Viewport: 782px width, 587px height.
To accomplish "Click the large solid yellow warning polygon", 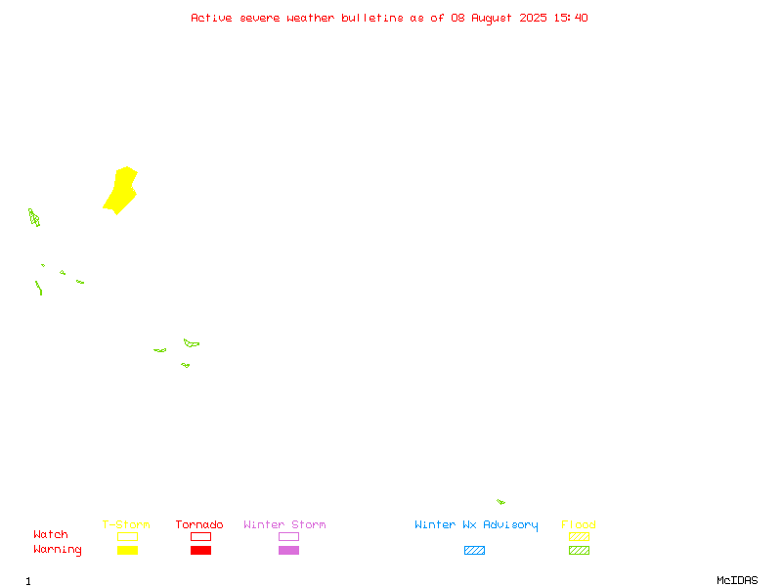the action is pos(121,191).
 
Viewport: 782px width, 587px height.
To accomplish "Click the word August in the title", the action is pos(492,19).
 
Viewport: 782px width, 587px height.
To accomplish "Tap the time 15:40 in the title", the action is pos(571,18).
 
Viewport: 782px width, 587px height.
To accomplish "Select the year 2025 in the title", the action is pos(533,18).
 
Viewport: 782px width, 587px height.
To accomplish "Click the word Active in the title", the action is pos(211,18).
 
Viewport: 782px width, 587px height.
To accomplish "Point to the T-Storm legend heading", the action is pos(126,524).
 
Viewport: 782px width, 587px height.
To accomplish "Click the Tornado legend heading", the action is pos(199,524).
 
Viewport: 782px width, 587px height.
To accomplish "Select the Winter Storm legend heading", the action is pos(284,524).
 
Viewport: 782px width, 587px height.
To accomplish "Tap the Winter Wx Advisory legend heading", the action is pos(476,525).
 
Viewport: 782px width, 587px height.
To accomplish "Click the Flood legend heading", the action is pos(579,524).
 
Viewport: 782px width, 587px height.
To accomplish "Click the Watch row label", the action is pos(51,534).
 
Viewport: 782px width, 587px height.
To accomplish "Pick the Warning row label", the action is pos(58,550).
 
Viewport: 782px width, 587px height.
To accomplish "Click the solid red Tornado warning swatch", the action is pos(201,550).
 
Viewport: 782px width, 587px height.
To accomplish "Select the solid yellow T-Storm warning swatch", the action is pos(128,550).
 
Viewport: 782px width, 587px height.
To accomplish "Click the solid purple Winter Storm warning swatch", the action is pos(288,550).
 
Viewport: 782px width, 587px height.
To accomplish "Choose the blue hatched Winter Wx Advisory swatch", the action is pos(474,550).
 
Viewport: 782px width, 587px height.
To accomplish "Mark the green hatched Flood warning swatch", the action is pos(579,550).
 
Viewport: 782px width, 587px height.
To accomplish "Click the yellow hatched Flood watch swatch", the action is pos(579,536).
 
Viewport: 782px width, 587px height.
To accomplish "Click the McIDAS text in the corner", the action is pos(737,580).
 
